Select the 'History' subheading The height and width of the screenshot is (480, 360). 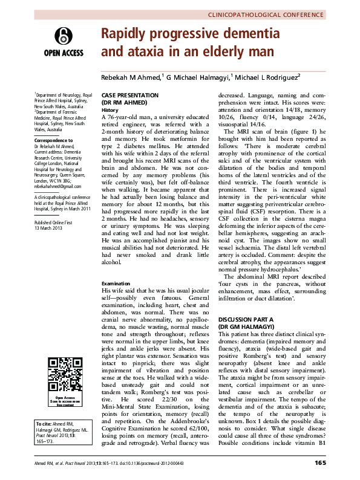coord(110,110)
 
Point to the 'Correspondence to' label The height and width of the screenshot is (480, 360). coord(54,140)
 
